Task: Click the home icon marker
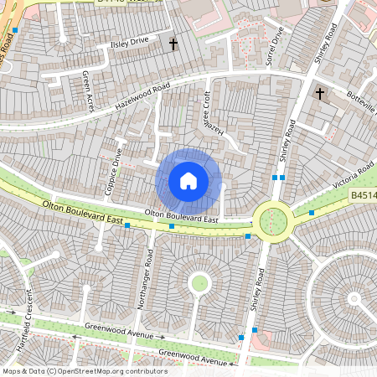(x=188, y=180)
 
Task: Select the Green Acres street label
(x=86, y=85)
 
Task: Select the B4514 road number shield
(x=362, y=195)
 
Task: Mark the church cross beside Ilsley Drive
(x=174, y=44)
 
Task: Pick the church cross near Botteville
(x=319, y=95)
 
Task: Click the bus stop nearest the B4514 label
(x=312, y=213)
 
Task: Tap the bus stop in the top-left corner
(x=15, y=30)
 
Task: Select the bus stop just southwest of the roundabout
(x=248, y=237)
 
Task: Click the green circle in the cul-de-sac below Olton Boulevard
(x=199, y=282)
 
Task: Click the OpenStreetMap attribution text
(x=83, y=370)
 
